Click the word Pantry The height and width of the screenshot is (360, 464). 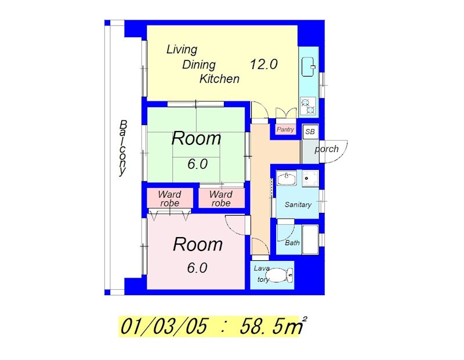tap(285, 129)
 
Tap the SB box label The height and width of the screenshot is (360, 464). tap(310, 132)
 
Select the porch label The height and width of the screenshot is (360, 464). tap(327, 149)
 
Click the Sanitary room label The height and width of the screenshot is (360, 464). tap(298, 205)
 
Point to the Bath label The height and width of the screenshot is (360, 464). tap(292, 243)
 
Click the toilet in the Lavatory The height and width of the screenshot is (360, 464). tap(281, 275)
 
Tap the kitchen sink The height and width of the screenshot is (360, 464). tap(309, 67)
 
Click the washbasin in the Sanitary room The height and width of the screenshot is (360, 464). tap(287, 178)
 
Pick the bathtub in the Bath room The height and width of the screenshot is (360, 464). tap(310, 239)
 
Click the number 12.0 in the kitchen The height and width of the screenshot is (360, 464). tap(264, 64)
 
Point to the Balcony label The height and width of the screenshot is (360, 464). tap(122, 148)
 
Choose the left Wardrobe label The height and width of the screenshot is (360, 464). tap(169, 198)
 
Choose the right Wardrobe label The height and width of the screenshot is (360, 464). tap(221, 198)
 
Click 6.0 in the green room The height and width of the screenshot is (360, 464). tap(197, 164)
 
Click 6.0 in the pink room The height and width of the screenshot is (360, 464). tap(197, 268)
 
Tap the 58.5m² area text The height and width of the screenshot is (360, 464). tap(273, 326)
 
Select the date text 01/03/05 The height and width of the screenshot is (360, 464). tap(164, 326)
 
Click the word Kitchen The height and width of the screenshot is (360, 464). tap(219, 79)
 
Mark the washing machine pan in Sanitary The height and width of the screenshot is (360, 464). tap(310, 179)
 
